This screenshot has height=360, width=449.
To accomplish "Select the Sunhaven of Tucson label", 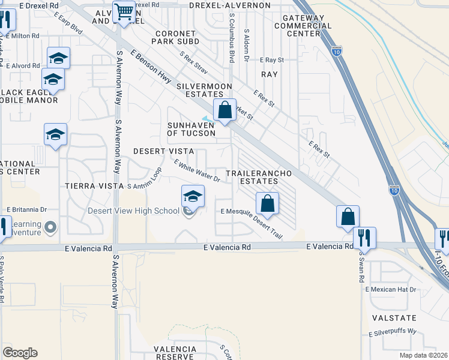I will pyautogui.click(x=191, y=129).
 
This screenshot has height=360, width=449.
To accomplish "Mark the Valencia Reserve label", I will pyautogui.click(x=175, y=353).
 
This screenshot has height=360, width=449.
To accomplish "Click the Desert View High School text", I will pyautogui.click(x=133, y=211).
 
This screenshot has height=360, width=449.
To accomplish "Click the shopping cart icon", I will pyautogui.click(x=124, y=11).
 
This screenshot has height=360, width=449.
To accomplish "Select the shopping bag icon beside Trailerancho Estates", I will pyautogui.click(x=268, y=203).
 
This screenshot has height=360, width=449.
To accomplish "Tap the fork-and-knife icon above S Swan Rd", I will pyautogui.click(x=364, y=237).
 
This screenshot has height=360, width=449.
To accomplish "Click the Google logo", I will pyautogui.click(x=20, y=353).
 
